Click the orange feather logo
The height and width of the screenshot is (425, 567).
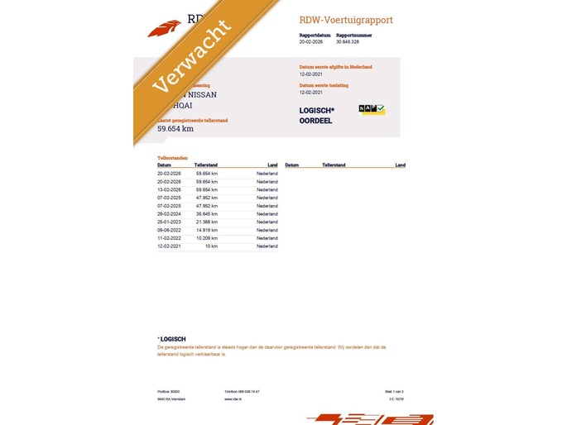164,29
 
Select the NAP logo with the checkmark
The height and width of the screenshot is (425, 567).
372,109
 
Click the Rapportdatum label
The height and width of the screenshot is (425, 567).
315,36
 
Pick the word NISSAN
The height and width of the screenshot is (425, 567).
199,94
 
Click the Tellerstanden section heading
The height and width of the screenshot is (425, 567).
172,157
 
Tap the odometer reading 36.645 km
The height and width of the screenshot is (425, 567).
206,214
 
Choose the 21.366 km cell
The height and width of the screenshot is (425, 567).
206,222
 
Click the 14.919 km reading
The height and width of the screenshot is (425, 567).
206,231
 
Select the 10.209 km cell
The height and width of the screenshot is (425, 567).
206,238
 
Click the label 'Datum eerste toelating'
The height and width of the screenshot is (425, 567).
324,85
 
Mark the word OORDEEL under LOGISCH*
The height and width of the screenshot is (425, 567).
315,121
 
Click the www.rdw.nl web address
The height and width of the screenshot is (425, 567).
233,399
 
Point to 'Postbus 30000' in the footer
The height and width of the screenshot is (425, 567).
168,391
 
